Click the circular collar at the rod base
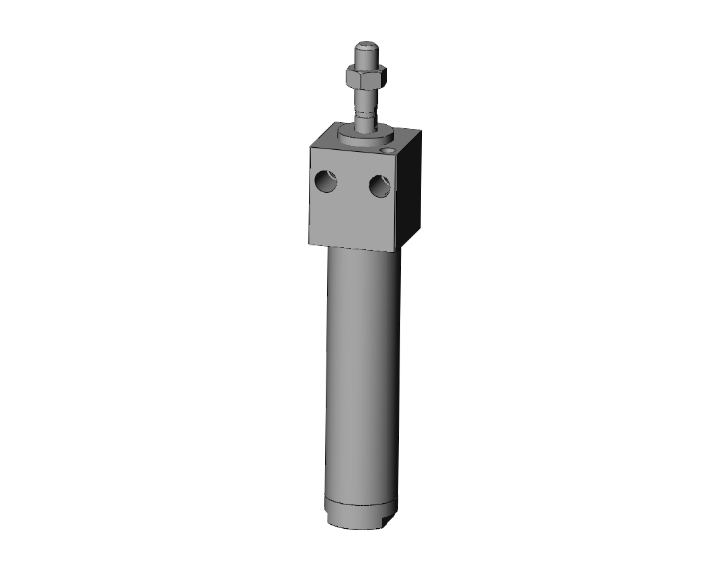click(x=367, y=136)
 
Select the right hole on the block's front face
click(x=380, y=185)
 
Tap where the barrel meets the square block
click(x=361, y=253)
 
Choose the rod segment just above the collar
click(x=364, y=123)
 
